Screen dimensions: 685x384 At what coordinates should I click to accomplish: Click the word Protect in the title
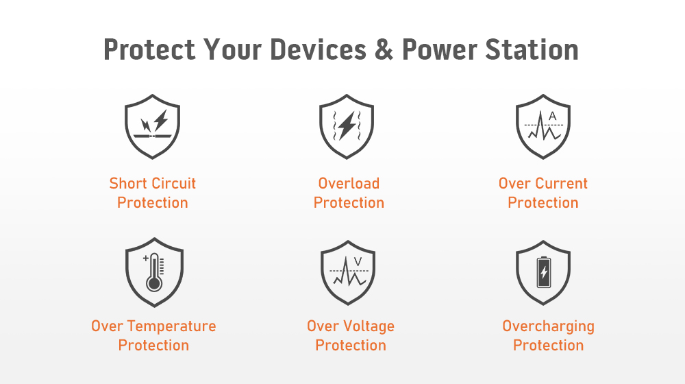(x=149, y=49)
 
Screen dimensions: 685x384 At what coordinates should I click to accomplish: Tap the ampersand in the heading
(x=384, y=49)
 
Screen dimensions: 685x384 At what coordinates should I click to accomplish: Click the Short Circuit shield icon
(x=153, y=126)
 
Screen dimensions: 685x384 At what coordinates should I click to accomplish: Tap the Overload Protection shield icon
(x=347, y=126)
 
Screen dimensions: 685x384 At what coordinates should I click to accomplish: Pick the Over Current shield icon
(x=543, y=126)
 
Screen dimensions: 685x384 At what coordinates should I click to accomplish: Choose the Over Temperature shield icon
(x=154, y=272)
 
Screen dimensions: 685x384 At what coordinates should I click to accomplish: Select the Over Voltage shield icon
(x=348, y=272)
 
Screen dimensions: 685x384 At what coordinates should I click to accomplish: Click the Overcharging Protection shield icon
(x=543, y=272)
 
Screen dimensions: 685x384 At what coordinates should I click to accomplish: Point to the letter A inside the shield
(x=553, y=117)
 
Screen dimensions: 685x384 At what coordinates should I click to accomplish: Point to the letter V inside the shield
(x=358, y=262)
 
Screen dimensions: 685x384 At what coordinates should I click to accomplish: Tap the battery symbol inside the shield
(x=544, y=272)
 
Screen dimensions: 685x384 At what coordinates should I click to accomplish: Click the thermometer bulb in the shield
(x=154, y=283)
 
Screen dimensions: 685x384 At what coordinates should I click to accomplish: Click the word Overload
(x=349, y=183)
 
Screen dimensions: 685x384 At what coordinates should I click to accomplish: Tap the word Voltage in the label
(x=369, y=326)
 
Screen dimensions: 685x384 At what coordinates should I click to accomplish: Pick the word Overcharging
(x=548, y=326)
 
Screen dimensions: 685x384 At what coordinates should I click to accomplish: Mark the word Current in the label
(x=562, y=183)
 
